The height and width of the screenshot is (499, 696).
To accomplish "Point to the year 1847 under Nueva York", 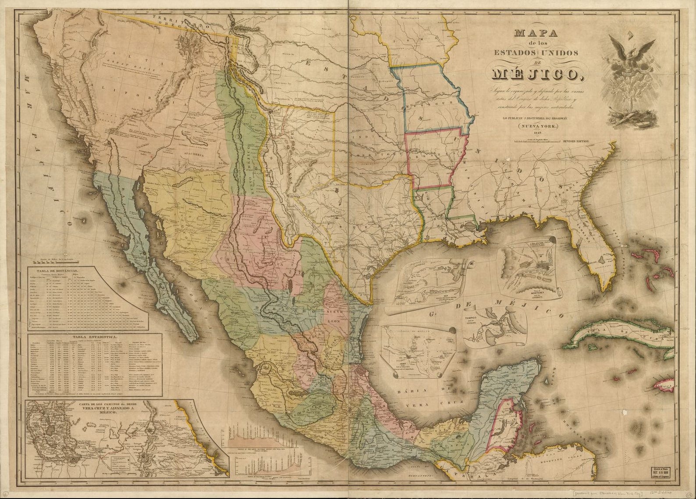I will (x=533, y=134).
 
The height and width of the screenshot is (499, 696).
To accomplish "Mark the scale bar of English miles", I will (x=537, y=142).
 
